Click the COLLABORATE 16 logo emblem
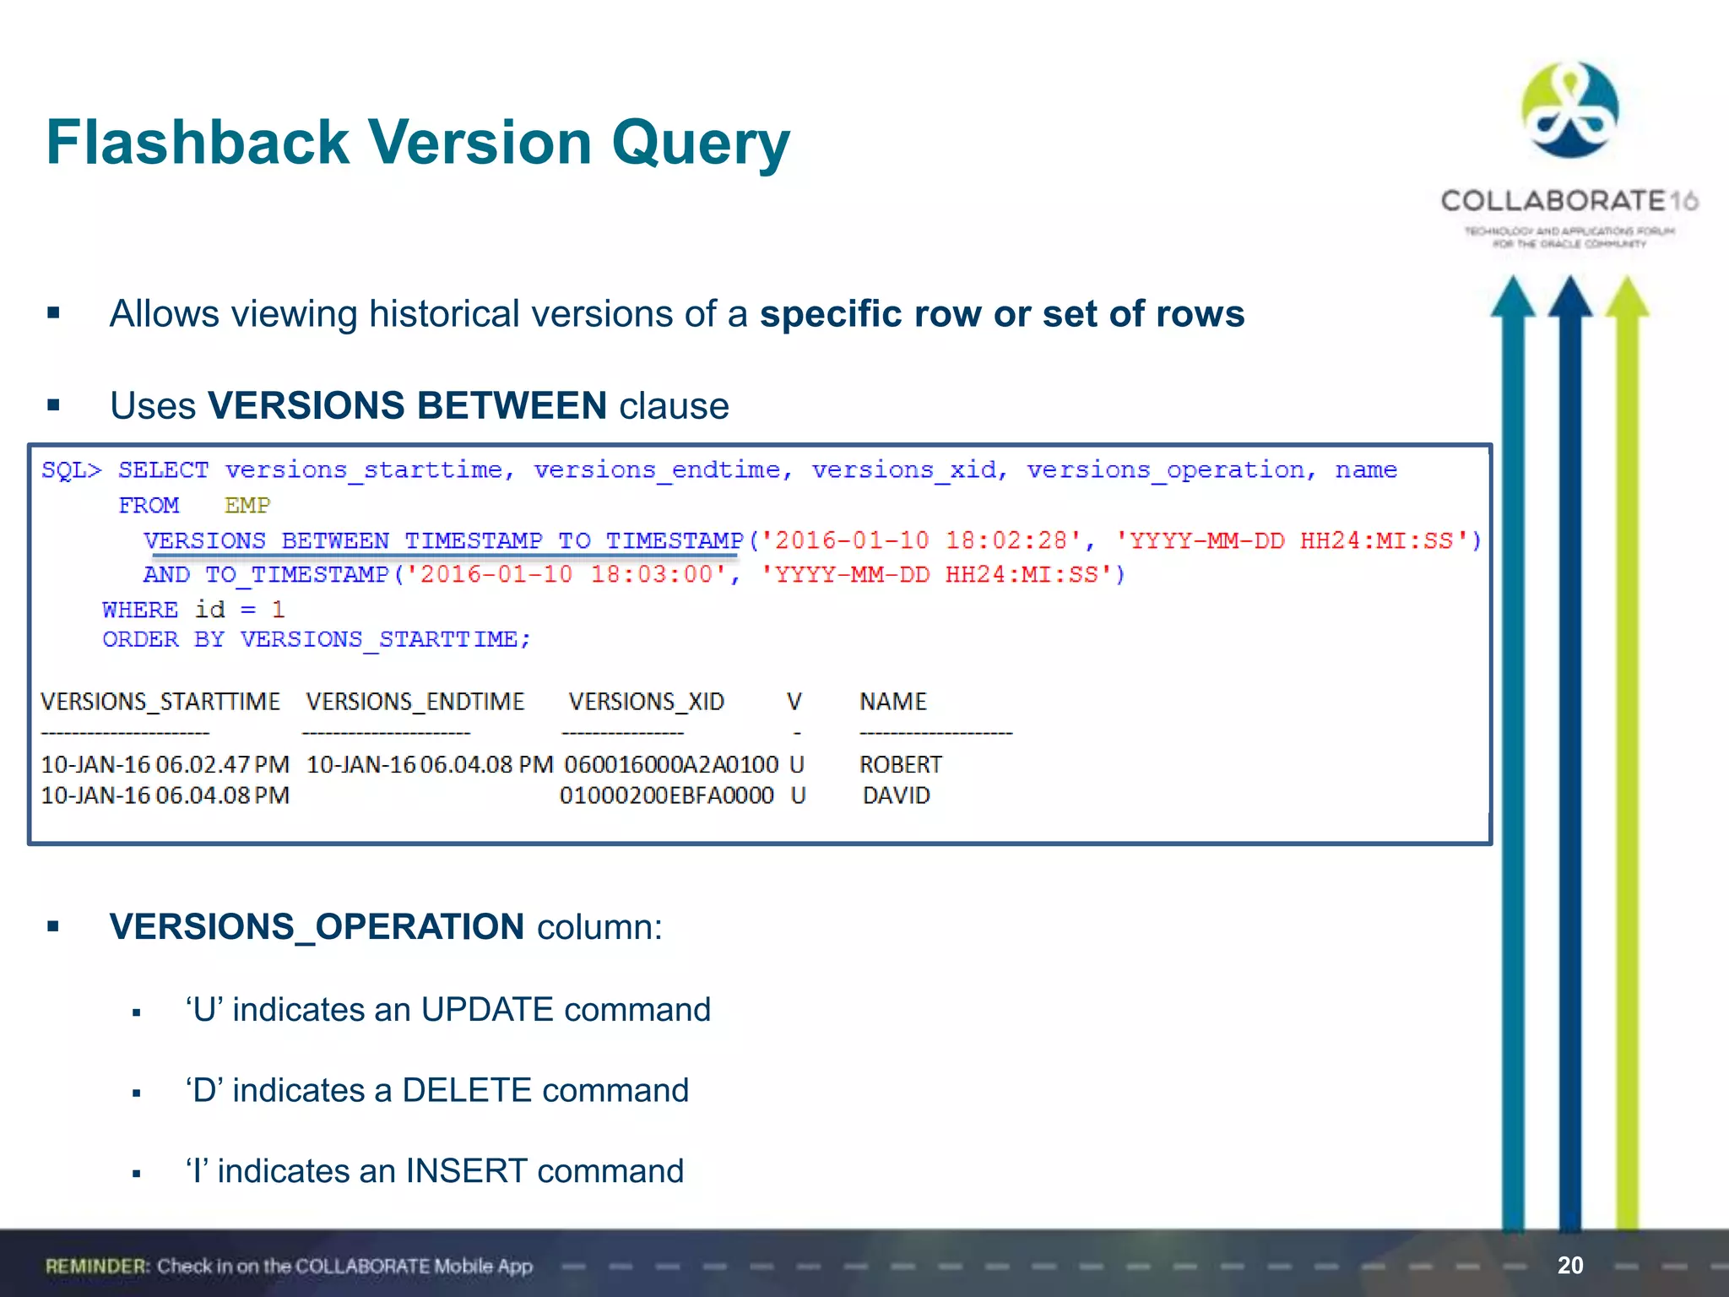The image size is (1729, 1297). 1569,110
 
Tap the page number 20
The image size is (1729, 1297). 1570,1265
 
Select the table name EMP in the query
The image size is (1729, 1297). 247,506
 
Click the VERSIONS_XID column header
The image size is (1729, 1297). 646,702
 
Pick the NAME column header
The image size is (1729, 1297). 892,702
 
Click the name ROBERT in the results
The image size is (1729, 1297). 900,765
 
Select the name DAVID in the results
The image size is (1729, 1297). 896,795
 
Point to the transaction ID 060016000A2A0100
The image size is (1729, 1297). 671,765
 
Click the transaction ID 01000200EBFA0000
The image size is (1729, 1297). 667,795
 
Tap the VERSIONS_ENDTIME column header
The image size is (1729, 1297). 415,702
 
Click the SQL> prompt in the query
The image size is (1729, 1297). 71,470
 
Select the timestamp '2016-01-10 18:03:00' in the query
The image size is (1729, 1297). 566,575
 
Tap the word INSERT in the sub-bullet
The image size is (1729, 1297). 466,1172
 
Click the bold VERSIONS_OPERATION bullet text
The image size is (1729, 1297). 317,927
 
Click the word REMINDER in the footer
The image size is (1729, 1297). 97,1267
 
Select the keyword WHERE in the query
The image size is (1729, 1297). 139,610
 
